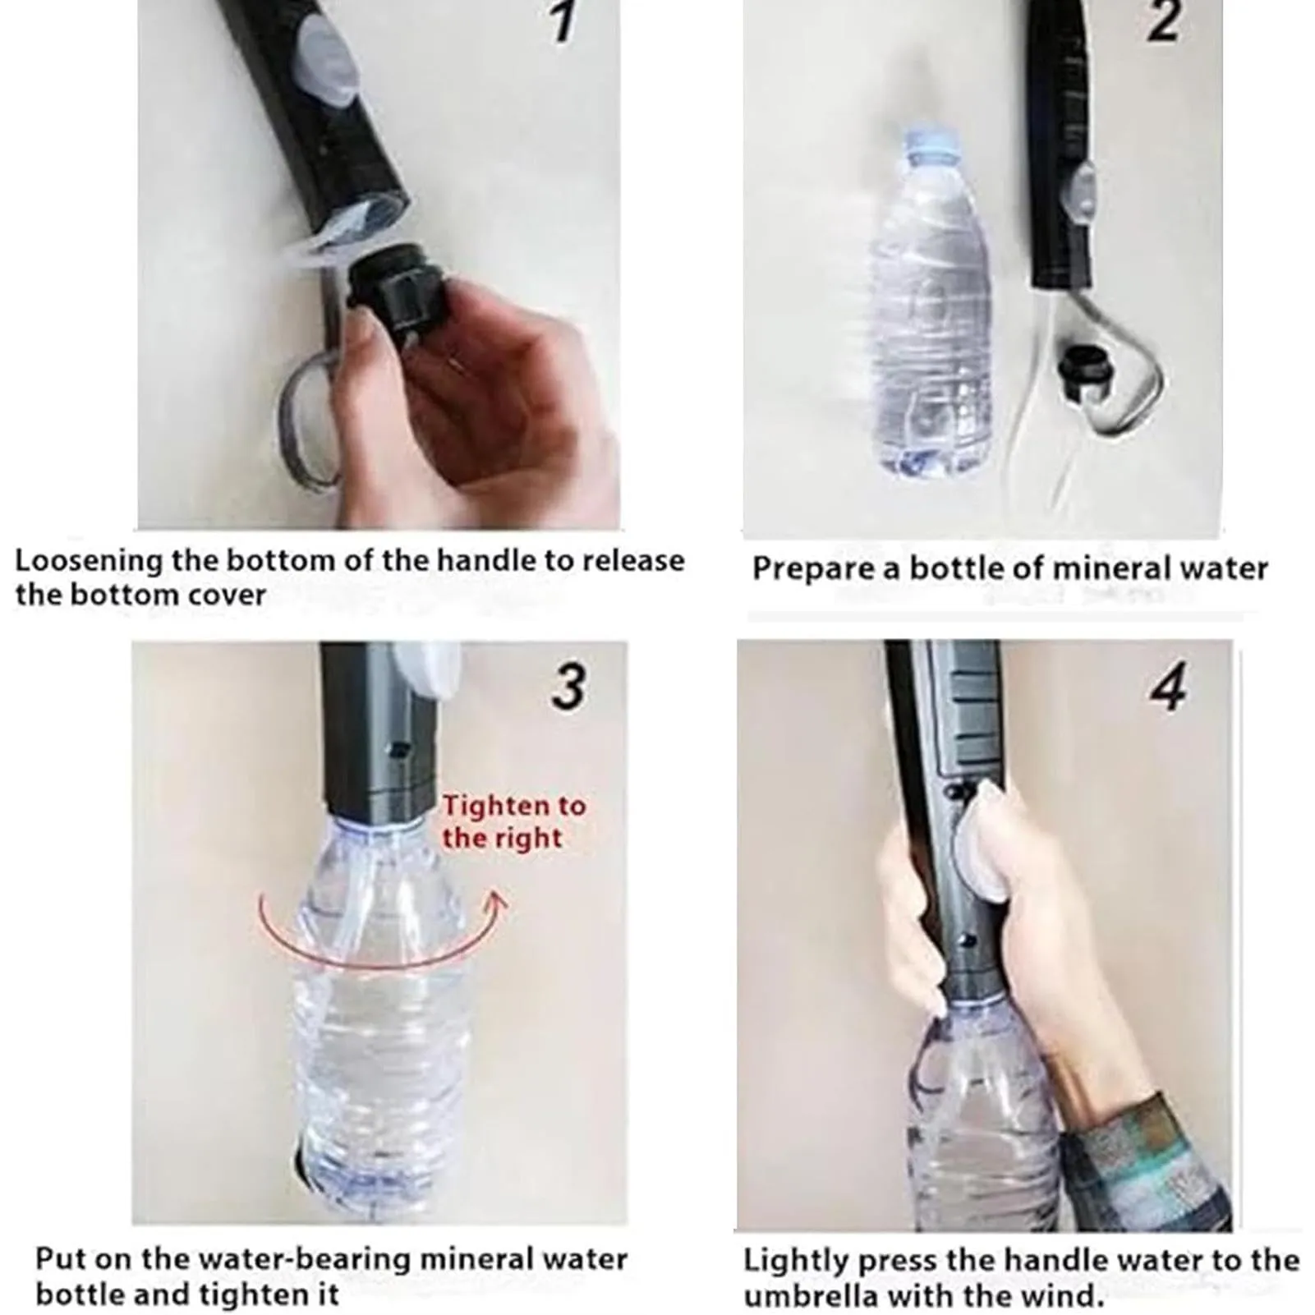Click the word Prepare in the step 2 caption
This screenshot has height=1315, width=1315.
813,569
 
